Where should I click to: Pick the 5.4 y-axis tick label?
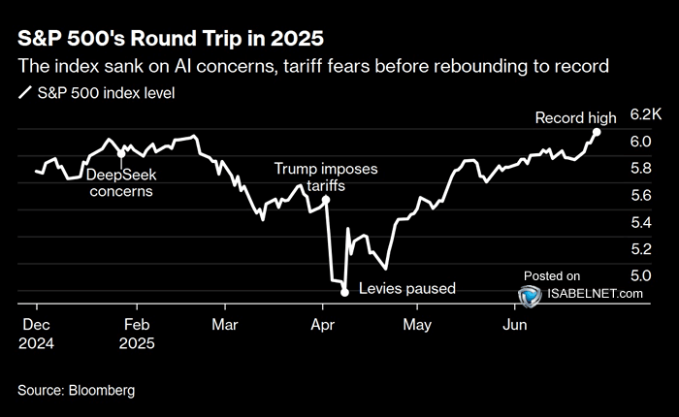pos(640,222)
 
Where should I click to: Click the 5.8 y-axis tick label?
pos(640,168)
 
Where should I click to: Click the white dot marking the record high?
pos(597,132)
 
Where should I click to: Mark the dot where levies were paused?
pos(344,291)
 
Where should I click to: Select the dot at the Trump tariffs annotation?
pos(326,200)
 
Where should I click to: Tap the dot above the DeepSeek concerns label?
pos(120,153)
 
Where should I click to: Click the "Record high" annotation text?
pos(575,117)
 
